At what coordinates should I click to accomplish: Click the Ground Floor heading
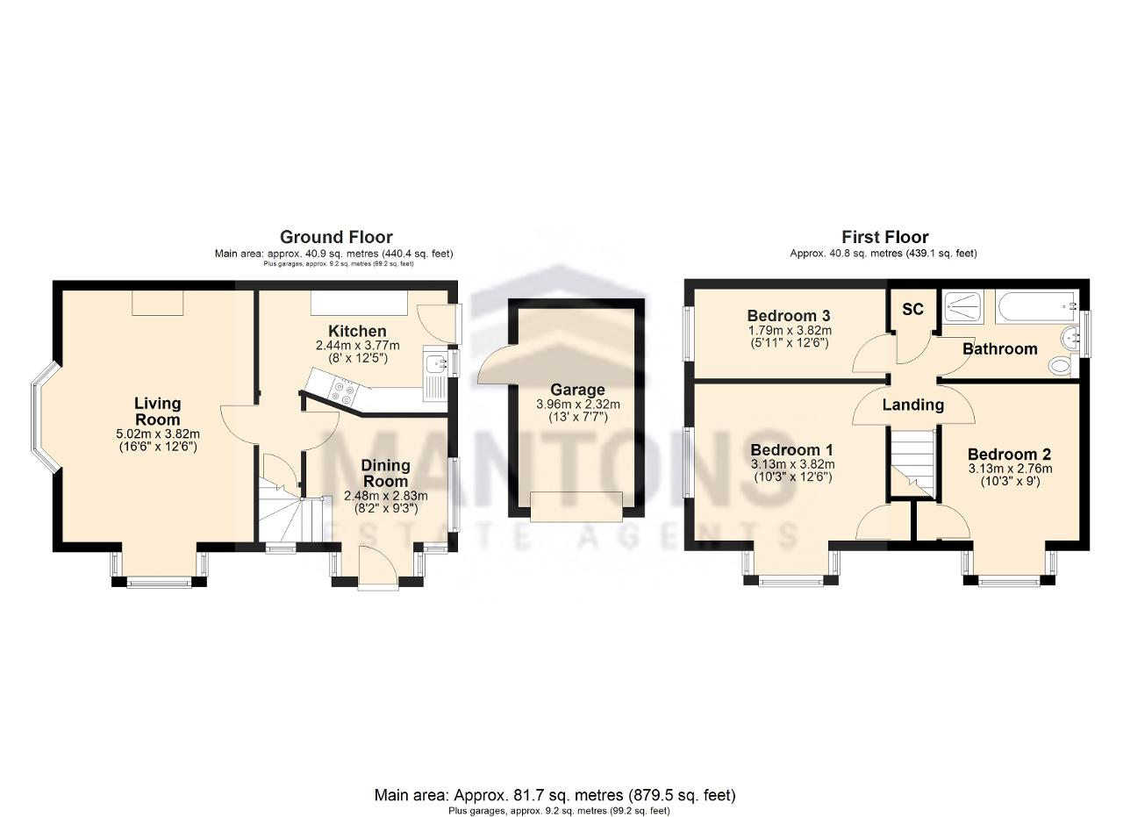tap(336, 237)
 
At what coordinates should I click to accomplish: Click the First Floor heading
tap(885, 237)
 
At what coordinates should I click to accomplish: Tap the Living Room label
tap(157, 412)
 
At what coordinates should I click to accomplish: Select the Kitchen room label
tap(357, 331)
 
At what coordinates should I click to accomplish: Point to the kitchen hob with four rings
tap(345, 391)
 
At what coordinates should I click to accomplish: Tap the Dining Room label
tap(385, 473)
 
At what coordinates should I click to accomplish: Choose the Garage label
tap(577, 389)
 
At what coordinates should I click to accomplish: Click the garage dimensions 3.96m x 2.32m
tap(578, 404)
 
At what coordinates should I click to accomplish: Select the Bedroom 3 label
tap(789, 315)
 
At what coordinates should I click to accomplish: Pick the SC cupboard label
tap(912, 310)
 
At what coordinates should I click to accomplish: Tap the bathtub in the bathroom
tap(1037, 306)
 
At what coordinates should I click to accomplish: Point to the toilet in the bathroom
tap(1062, 366)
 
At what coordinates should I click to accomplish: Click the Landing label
tap(913, 405)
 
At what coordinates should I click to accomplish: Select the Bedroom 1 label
tap(792, 449)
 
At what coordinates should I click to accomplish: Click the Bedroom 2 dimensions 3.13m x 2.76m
tap(1010, 469)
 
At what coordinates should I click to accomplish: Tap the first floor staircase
tap(912, 462)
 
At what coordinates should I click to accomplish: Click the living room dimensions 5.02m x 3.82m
tap(158, 434)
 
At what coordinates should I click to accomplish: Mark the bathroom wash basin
tap(1069, 336)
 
